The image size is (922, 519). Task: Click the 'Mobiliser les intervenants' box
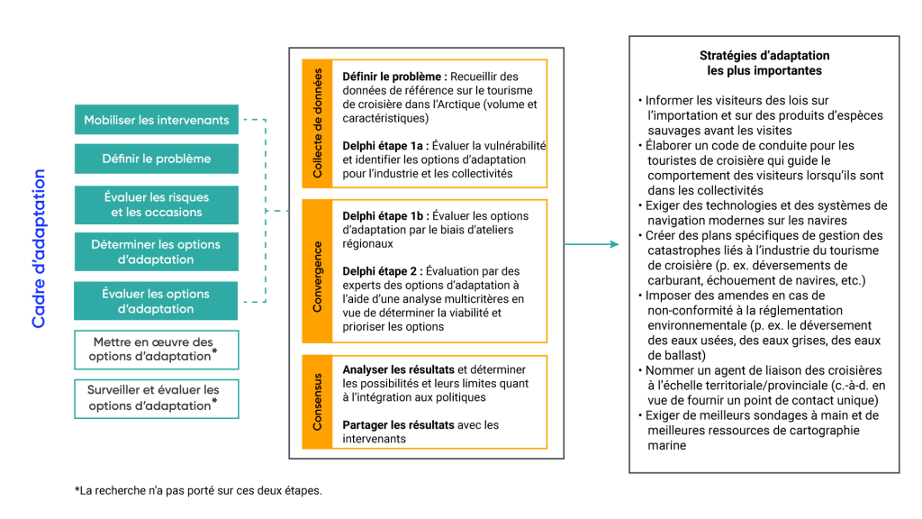(157, 120)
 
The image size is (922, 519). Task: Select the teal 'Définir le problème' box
(157, 159)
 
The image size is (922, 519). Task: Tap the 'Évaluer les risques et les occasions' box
(157, 205)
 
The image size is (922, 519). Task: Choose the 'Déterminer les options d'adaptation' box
(157, 251)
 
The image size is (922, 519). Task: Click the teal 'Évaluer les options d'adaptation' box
(157, 301)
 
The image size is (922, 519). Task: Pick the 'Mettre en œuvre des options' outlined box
(157, 349)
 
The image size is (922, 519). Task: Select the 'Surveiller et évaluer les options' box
(157, 398)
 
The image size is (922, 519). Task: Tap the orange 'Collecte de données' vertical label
(317, 123)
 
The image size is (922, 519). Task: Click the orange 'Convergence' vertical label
(317, 271)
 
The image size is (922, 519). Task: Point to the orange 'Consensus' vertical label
(317, 402)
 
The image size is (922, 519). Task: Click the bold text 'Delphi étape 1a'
(384, 145)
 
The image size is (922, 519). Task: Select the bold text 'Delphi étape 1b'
(384, 216)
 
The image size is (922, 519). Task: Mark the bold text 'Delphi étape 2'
(381, 270)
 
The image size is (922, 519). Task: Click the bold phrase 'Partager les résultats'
(399, 424)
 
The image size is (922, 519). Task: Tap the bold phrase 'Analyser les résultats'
(399, 369)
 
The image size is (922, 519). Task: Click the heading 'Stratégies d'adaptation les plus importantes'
(764, 63)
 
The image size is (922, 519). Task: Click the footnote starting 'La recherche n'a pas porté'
(197, 491)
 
